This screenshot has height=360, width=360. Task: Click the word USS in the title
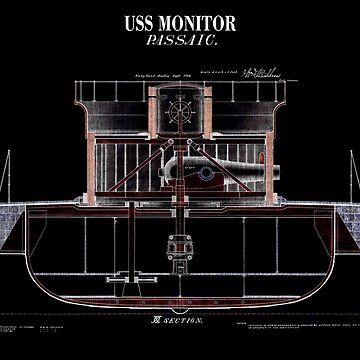coord(140,23)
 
